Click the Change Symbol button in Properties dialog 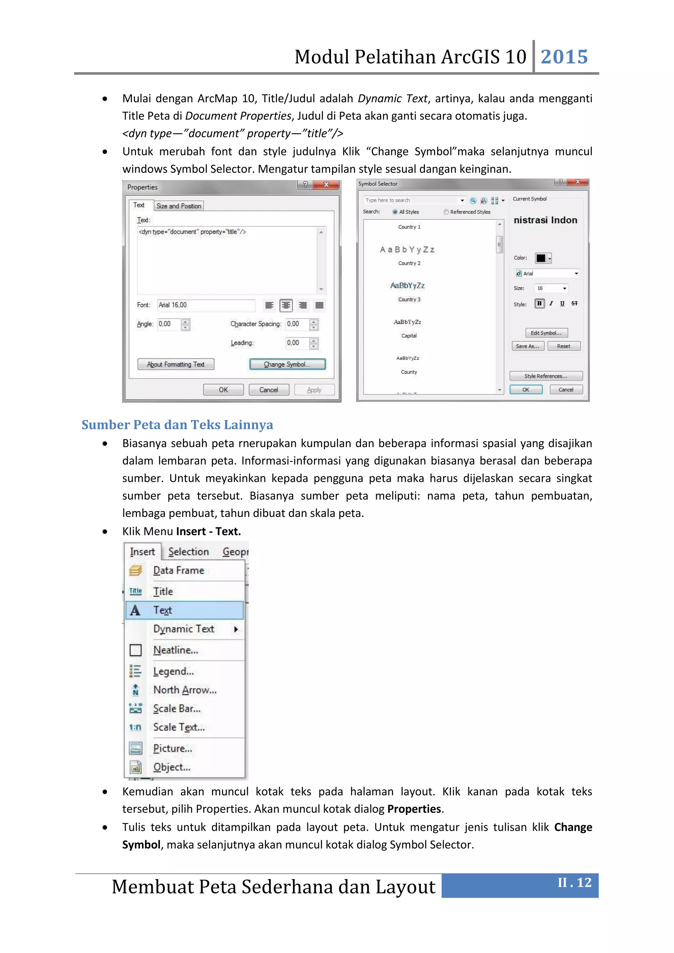[287, 364]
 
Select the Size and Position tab [178, 206]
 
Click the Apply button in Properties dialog [314, 390]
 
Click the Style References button [546, 376]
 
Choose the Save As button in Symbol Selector [527, 346]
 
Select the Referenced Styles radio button [447, 212]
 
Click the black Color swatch [541, 258]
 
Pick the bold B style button [539, 303]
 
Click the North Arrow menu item [185, 690]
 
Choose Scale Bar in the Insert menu [177, 708]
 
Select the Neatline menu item [175, 650]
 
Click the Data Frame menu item [178, 570]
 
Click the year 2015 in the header [564, 57]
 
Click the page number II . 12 [574, 883]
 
